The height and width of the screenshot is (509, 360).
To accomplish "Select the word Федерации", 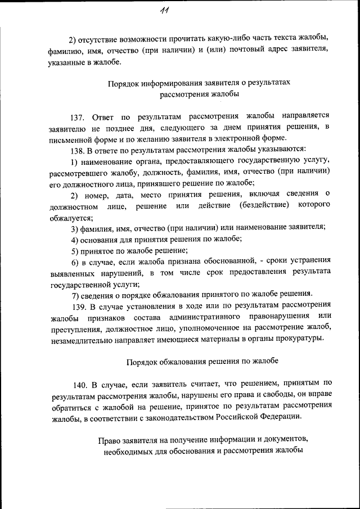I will click(x=281, y=417).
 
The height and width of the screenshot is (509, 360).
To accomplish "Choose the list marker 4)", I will click(x=74, y=238).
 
